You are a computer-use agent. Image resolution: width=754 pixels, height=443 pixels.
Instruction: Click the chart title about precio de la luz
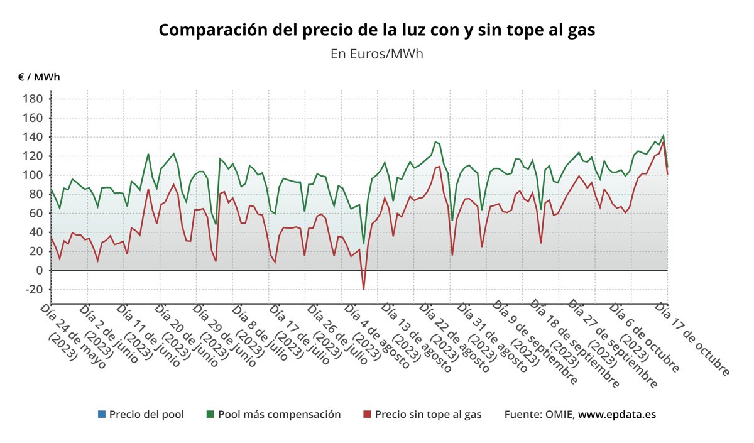tap(376, 30)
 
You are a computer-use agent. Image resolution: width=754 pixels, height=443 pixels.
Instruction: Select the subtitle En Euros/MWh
tap(376, 53)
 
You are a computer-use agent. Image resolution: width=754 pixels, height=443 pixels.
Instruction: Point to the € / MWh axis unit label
tap(39, 77)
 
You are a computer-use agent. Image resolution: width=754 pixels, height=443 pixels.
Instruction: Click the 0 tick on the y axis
tap(39, 270)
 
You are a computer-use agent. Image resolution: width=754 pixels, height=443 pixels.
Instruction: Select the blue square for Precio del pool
tap(101, 415)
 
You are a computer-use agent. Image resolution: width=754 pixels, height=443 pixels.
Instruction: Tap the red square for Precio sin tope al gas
tap(367, 415)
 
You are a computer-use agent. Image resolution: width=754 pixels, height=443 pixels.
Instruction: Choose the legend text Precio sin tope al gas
tap(428, 415)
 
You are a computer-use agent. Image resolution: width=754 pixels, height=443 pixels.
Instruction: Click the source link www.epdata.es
tap(617, 415)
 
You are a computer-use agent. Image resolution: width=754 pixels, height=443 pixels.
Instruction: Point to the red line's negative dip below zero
tap(363, 289)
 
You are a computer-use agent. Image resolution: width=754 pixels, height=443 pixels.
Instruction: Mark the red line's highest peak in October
tap(663, 142)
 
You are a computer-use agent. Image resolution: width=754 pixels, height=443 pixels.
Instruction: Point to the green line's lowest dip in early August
tap(363, 243)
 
